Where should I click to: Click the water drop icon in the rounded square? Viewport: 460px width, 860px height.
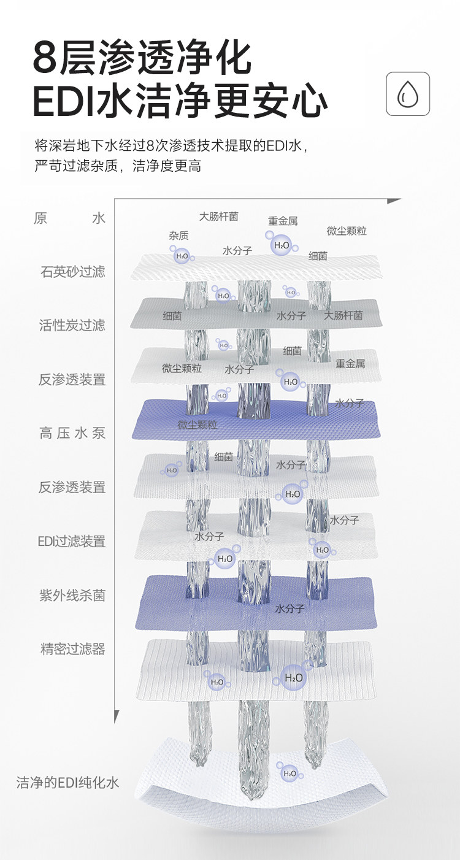point(407,94)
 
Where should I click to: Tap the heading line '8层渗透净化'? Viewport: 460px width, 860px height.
point(142,58)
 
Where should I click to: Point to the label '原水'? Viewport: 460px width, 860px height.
point(69,218)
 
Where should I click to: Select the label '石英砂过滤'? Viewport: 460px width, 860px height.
point(72,271)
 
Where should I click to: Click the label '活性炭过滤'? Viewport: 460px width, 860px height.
point(72,325)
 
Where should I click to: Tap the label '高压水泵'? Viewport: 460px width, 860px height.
point(72,433)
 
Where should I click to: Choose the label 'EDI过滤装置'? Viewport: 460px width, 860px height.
point(71,541)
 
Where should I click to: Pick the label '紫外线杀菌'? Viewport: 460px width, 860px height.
point(72,595)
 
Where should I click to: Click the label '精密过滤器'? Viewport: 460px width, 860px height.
point(72,649)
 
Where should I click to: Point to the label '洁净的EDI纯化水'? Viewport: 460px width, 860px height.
point(67,783)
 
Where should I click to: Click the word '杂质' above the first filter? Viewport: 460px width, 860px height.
point(178,236)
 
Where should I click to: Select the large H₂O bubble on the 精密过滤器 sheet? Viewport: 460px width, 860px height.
point(294,678)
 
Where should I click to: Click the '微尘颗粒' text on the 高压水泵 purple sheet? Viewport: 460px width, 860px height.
point(197,424)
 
